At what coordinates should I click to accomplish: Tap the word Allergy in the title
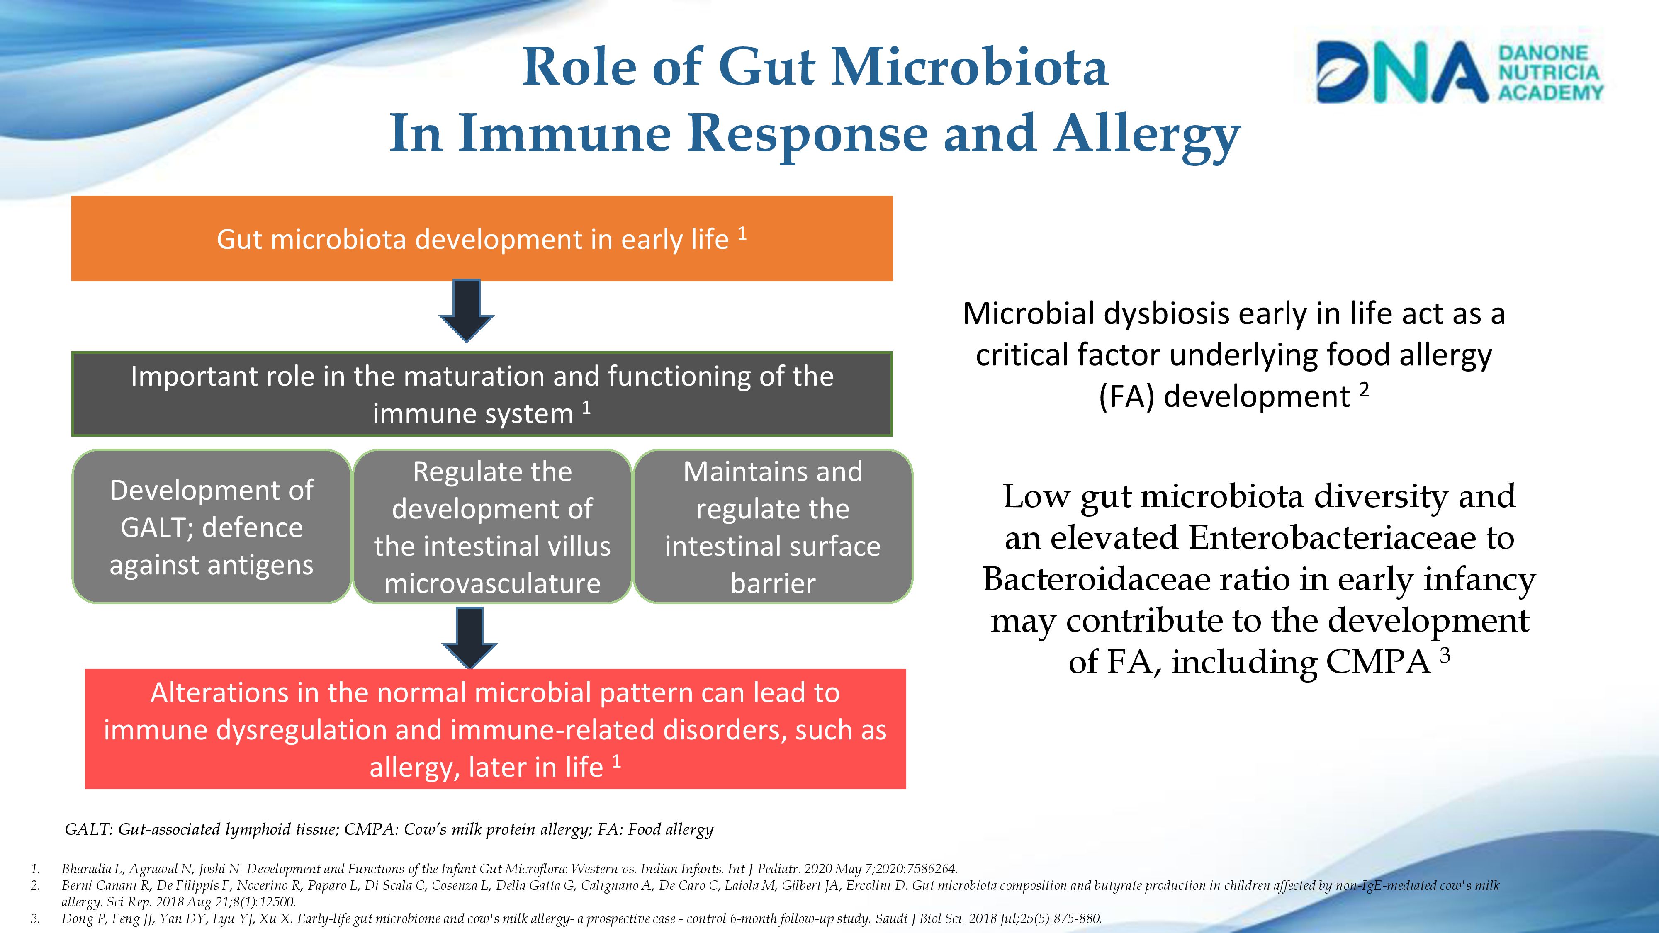click(1147, 135)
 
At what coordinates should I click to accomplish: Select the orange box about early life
click(482, 238)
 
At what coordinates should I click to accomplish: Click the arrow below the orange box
click(466, 310)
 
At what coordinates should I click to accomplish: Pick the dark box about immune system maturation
click(482, 394)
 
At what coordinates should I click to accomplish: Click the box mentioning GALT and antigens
click(212, 527)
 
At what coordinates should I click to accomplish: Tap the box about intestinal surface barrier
click(773, 527)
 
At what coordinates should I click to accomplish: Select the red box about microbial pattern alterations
click(495, 729)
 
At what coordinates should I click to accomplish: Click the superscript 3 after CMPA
click(1445, 655)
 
